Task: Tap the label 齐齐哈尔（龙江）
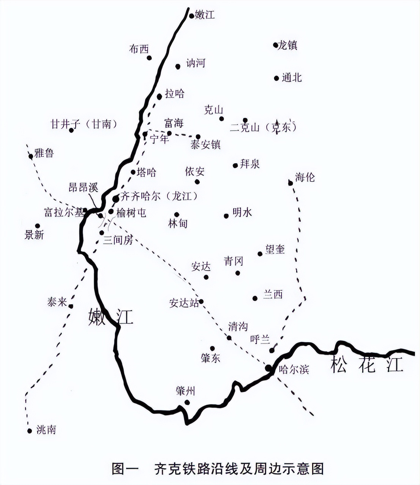[159, 196]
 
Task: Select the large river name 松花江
[366, 364]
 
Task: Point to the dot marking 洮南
[30, 431]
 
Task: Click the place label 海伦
[305, 177]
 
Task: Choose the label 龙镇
[287, 45]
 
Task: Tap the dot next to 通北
[276, 78]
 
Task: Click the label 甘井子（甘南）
[84, 124]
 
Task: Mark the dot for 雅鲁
[31, 156]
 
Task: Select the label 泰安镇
[205, 145]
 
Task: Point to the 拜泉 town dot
[235, 165]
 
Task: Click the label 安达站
[184, 303]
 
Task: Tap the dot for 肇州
[187, 402]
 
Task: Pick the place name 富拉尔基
[63, 212]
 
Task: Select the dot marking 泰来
[71, 306]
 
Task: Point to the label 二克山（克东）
[263, 128]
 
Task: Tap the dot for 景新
[38, 226]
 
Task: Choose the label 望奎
[275, 249]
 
